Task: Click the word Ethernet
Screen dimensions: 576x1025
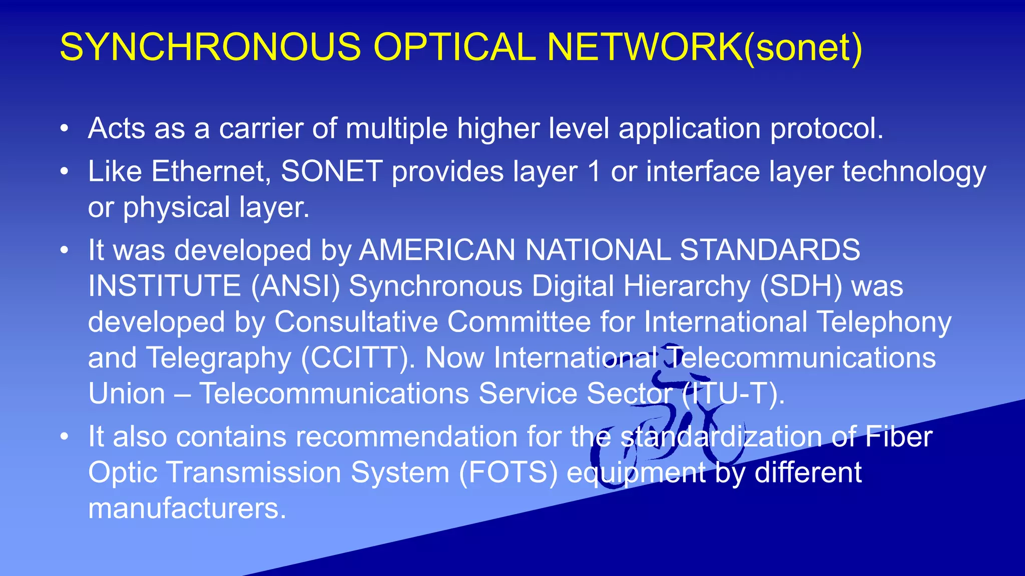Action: click(x=211, y=171)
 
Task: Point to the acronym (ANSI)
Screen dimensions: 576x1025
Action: click(x=295, y=286)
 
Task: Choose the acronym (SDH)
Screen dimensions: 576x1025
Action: click(x=801, y=286)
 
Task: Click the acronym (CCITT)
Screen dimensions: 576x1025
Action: click(x=357, y=358)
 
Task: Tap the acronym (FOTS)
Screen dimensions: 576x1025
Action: click(x=508, y=473)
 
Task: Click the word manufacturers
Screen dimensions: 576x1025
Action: click(x=187, y=508)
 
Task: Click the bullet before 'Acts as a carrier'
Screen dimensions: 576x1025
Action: click(x=64, y=129)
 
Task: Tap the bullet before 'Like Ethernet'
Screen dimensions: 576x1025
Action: click(x=64, y=172)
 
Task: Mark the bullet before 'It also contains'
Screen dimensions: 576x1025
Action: click(x=64, y=437)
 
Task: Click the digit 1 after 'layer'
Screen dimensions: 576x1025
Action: click(x=594, y=171)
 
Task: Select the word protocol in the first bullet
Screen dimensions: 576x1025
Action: click(x=826, y=129)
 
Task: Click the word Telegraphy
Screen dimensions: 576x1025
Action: click(x=218, y=358)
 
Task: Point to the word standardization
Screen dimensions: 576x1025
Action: click(x=721, y=436)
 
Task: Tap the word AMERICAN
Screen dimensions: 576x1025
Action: click(x=437, y=250)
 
